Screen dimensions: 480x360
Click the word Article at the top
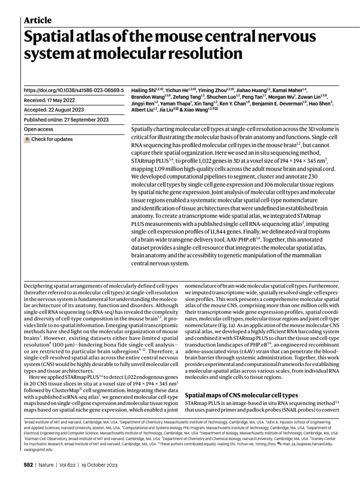click(x=37, y=20)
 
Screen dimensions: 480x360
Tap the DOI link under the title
click(x=74, y=89)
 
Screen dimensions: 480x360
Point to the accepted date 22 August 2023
click(x=65, y=109)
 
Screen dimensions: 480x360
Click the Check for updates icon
click(x=28, y=139)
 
